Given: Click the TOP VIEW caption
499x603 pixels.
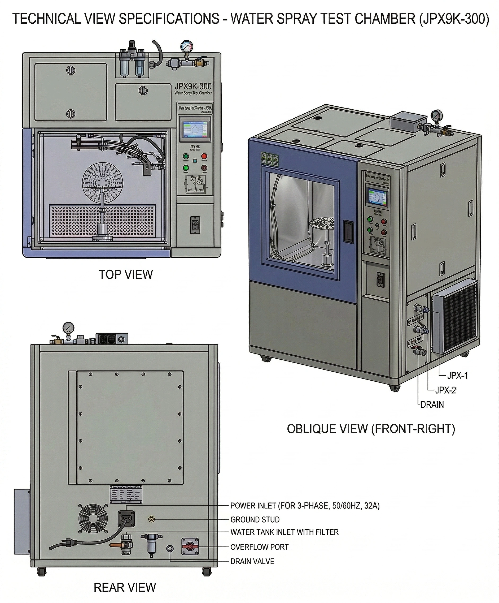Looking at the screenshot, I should point(126,274).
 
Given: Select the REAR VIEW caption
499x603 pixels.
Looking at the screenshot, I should point(124,588).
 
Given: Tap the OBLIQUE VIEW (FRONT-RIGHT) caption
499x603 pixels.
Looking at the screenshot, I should point(371,429).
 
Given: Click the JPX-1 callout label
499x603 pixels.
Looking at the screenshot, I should point(457,375).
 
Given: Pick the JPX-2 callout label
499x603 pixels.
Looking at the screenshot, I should point(445,390).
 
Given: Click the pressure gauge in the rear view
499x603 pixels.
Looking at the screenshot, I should point(68,327).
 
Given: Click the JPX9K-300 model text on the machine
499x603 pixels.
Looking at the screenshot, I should point(193,86).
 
